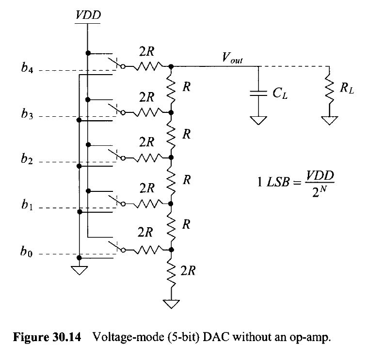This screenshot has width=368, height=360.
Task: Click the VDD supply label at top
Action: tap(88, 15)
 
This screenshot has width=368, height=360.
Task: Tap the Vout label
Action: tap(232, 59)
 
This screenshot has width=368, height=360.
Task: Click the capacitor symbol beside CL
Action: tap(258, 93)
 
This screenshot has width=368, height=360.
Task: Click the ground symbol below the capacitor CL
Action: tap(258, 119)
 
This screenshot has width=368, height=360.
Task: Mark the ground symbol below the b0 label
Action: tap(79, 269)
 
